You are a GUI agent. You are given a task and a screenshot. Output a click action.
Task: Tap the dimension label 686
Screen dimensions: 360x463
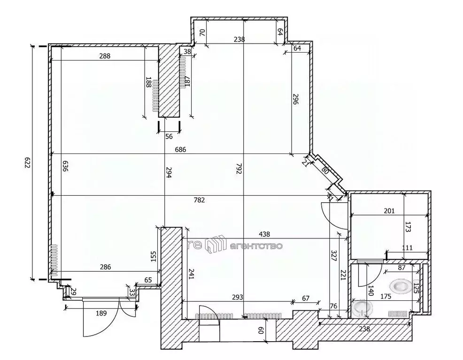(180, 150)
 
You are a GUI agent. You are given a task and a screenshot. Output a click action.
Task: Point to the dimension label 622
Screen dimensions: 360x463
(27, 163)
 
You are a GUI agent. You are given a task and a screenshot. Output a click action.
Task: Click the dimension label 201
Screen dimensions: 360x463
(390, 211)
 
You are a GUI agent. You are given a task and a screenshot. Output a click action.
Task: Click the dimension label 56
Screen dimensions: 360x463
(169, 136)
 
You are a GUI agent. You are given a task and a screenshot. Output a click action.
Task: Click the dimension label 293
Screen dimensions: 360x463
(238, 297)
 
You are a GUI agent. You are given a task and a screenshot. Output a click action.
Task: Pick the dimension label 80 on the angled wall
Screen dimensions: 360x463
(325, 169)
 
